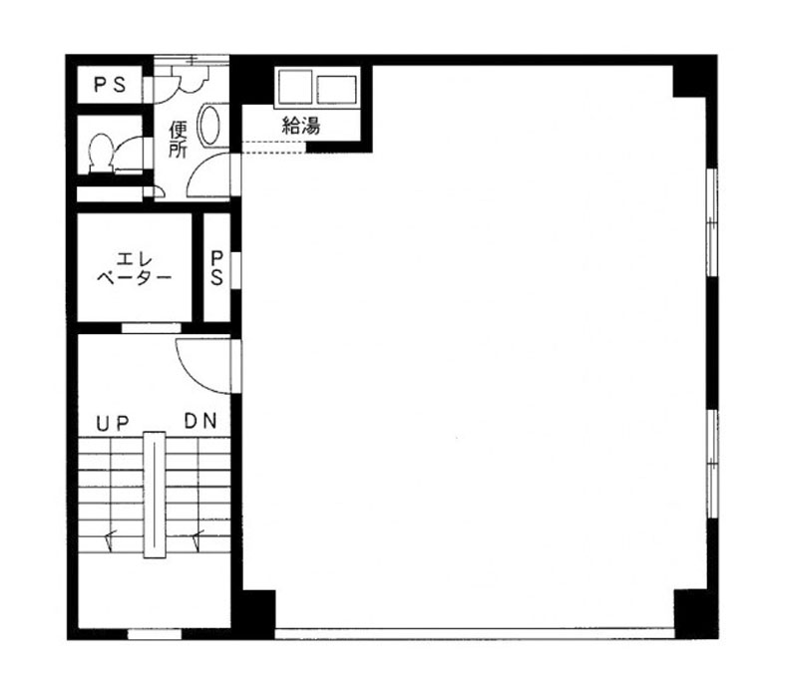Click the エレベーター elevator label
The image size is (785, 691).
tap(134, 268)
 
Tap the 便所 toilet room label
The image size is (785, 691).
tap(178, 140)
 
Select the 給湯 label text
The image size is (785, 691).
tap(301, 125)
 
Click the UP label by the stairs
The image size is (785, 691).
tap(113, 424)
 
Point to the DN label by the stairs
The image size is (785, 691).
tap(200, 421)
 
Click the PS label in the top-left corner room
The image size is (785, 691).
tap(110, 85)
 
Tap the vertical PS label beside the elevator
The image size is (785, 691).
tap(216, 268)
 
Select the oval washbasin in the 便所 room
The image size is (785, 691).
tap(209, 126)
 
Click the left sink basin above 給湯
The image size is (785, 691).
tap(295, 87)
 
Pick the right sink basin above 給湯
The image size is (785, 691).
tap(337, 89)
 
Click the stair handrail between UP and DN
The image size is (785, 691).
tap(155, 495)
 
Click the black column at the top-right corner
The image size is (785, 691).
tap(695, 76)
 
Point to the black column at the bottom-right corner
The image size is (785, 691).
tap(696, 614)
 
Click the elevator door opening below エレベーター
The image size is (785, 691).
tap(152, 328)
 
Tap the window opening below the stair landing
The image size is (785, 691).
tap(155, 634)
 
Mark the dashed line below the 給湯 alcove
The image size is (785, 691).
tap(274, 148)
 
